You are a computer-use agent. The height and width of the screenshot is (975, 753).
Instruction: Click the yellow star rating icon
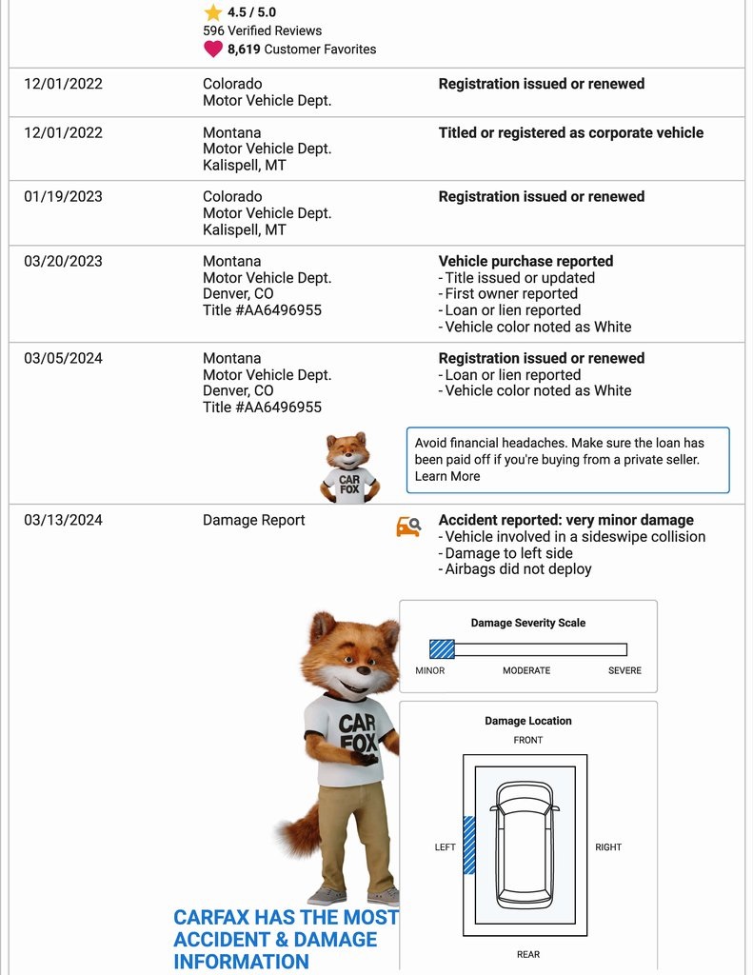tap(213, 12)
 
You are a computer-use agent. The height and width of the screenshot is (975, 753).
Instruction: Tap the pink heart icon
tap(213, 49)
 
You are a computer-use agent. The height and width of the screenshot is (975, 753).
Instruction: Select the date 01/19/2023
tap(63, 197)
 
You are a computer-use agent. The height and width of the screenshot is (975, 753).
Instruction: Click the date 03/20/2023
tap(63, 261)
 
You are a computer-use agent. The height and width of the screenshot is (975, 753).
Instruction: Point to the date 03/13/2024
tap(63, 520)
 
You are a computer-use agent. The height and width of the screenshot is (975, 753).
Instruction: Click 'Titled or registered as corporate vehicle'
tap(570, 132)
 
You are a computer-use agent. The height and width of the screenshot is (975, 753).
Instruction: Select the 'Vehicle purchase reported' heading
tap(525, 261)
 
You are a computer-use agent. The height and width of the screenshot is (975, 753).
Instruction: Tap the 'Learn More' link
tap(446, 476)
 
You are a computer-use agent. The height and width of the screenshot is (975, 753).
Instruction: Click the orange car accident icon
tap(408, 526)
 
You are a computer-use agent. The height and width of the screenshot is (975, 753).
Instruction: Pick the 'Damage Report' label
tap(254, 520)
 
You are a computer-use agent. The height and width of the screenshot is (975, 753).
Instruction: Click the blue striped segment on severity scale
tap(442, 649)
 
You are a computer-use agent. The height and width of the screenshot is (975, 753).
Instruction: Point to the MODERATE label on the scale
tap(526, 670)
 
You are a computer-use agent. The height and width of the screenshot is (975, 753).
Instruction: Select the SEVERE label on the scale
tap(624, 670)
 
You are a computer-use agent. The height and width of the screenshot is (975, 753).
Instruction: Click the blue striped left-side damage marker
tap(468, 845)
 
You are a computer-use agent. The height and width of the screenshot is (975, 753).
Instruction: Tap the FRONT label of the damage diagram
tap(528, 740)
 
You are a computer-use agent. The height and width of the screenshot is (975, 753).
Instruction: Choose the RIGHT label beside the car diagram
tap(608, 846)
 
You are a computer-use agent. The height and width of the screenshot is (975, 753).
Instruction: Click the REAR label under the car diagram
tap(528, 954)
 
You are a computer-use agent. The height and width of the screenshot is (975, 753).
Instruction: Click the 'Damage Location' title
tap(528, 721)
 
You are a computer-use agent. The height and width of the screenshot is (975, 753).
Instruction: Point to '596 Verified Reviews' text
tap(262, 30)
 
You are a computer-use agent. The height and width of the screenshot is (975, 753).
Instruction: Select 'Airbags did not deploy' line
tap(518, 568)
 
